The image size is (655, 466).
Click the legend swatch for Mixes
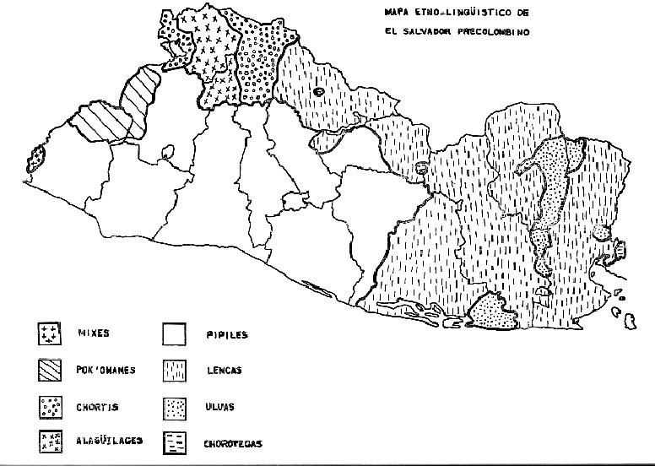[x=51, y=334]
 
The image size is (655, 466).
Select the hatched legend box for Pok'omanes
[x=51, y=371]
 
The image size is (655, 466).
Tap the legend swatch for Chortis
[x=51, y=407]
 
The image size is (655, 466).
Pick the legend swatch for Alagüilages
[x=51, y=440]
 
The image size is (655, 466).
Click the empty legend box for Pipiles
[x=176, y=335]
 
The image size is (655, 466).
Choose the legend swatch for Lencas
[x=176, y=371]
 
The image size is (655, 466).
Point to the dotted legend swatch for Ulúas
[x=176, y=407]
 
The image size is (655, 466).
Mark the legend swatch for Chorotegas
[x=176, y=441]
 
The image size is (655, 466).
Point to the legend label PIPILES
[x=226, y=334]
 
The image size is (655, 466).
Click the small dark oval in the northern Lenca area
[x=318, y=93]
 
